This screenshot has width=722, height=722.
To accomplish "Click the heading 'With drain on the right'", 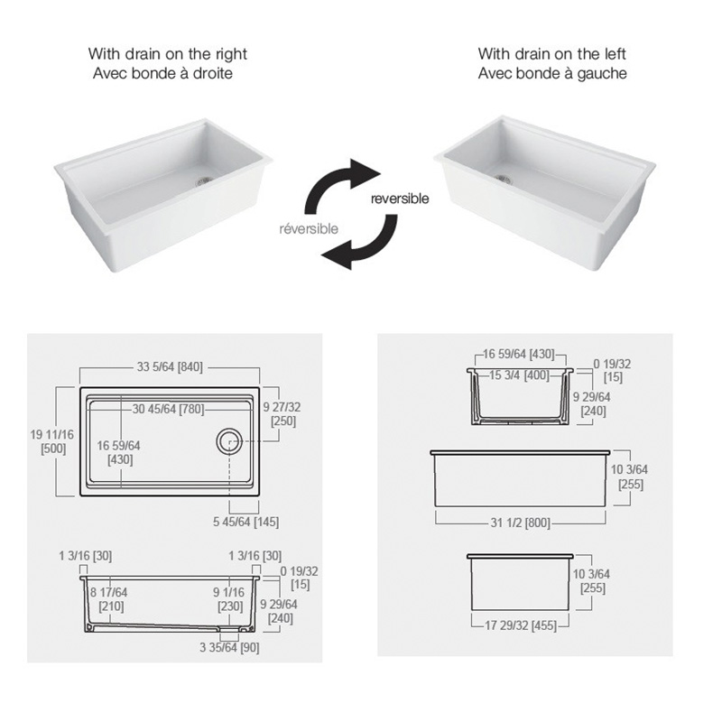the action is click(168, 54).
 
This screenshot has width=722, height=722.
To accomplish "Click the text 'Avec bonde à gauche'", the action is click(552, 73).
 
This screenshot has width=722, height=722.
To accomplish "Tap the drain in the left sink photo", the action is click(203, 180).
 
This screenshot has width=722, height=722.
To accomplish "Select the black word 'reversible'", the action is click(400, 199).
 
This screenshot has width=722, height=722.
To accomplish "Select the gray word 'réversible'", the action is click(309, 229).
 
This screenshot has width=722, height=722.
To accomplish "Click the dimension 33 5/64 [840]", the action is click(170, 367).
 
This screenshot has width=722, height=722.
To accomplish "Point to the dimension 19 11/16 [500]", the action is click(52, 441).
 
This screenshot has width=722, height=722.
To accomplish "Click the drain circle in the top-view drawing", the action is click(229, 441).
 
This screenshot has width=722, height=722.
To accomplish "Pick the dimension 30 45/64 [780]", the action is click(168, 409).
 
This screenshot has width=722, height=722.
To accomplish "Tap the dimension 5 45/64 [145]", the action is click(245, 522).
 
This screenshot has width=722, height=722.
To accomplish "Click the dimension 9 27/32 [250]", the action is click(282, 414).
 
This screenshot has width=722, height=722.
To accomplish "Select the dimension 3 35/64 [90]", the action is click(229, 647).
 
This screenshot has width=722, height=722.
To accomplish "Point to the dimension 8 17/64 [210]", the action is click(109, 599).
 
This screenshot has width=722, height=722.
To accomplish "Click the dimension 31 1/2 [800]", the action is click(521, 523).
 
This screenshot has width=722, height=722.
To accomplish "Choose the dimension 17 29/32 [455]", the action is click(521, 625).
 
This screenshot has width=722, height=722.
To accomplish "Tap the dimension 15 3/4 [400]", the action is click(520, 375).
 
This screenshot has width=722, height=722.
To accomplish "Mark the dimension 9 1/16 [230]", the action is click(229, 599).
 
